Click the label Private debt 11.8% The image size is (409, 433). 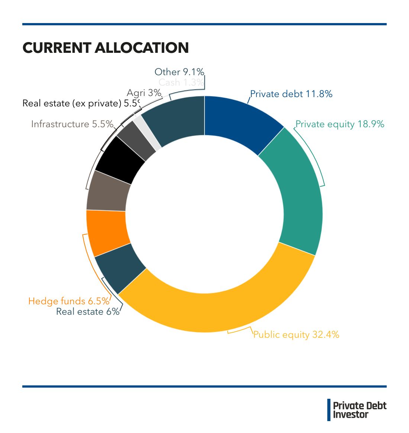291,94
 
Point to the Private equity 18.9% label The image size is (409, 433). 340,124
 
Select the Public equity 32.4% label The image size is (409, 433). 296,335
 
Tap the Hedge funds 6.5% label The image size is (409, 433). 69,301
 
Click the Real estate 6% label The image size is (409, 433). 88,312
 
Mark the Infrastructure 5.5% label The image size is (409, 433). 72,124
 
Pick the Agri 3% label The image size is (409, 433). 144,93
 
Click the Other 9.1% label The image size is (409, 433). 179,72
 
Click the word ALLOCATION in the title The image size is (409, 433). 142,48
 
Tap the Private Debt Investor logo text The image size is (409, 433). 360,410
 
